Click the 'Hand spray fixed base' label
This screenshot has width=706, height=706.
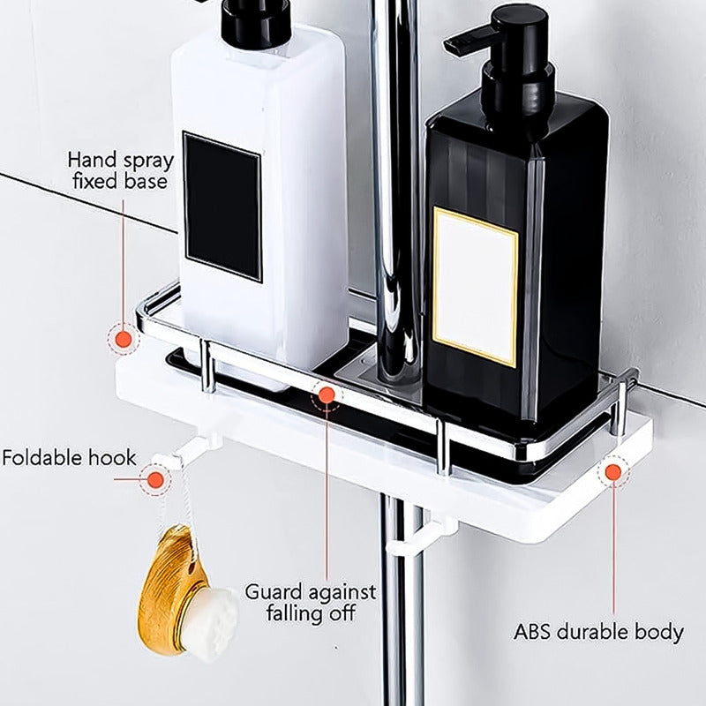coord(120,171)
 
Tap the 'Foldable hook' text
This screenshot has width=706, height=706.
coord(69,458)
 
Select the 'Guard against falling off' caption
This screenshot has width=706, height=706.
coord(311,603)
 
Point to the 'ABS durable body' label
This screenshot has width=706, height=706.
coord(598,632)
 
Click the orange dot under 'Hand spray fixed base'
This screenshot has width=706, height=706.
coord(124,339)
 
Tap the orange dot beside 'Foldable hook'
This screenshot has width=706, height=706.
coord(156,480)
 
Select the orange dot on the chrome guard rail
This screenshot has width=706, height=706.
coord(327,395)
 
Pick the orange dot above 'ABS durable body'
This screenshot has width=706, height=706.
coord(612,472)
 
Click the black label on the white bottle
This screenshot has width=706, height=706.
coord(222,207)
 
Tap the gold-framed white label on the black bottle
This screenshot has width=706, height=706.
coord(475,287)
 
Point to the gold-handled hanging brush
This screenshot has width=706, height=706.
coord(187,592)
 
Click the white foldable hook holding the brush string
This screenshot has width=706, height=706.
coord(184,449)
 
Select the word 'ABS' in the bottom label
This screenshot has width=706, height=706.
coord(532,631)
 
